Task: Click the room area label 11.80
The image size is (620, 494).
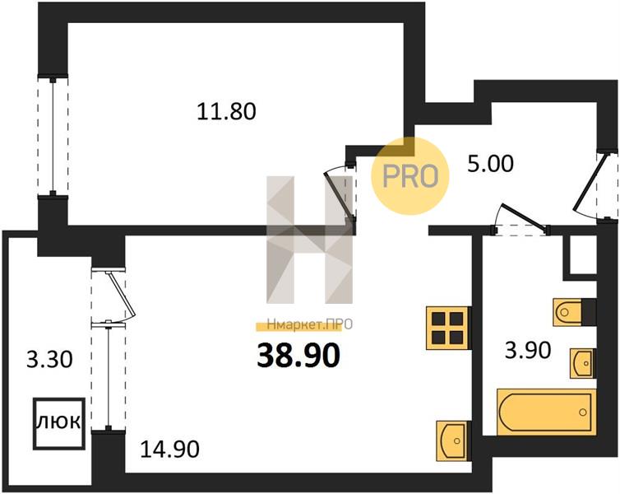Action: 226,111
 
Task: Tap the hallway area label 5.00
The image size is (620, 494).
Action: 490,164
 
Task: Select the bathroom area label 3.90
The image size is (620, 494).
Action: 528,350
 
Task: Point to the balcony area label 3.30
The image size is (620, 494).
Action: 49,360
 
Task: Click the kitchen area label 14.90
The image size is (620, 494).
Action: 169,450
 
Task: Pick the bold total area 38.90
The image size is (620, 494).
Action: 298,355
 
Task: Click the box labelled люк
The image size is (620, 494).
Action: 59,423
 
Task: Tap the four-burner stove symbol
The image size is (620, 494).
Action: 448,328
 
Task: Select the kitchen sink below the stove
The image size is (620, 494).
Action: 453,440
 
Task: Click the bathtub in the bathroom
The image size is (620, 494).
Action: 547,412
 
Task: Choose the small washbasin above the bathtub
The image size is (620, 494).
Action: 582,363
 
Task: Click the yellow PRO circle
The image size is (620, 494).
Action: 410,176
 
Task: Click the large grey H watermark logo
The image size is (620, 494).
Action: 310,240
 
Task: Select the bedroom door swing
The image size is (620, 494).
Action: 338,193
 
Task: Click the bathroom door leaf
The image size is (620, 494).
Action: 525,217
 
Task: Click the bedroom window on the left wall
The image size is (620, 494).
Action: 53,136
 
